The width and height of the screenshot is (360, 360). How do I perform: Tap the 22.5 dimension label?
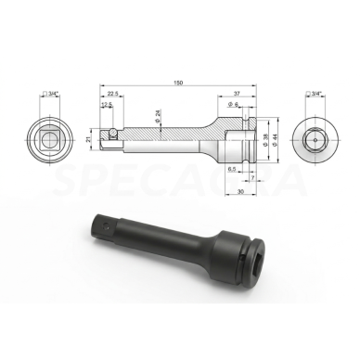(x=111, y=95)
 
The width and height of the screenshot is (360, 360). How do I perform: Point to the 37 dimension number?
(x=239, y=95)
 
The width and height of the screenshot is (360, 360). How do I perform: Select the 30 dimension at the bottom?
(x=239, y=193)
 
